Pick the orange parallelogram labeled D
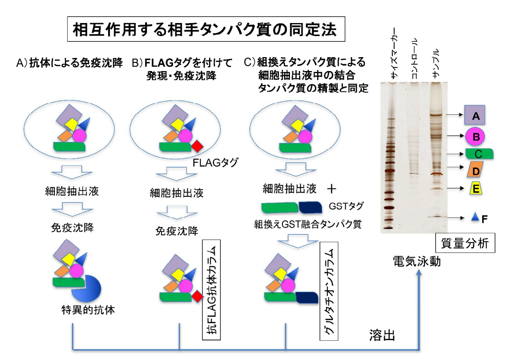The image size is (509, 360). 475,171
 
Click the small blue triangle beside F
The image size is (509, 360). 475,218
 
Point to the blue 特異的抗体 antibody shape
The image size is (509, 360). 87,288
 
